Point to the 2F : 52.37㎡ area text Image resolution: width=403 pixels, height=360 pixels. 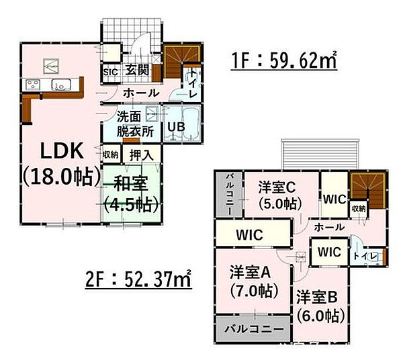tap(138, 276)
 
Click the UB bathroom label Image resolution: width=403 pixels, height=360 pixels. tap(176, 126)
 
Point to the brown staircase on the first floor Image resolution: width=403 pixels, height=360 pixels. tap(180, 60)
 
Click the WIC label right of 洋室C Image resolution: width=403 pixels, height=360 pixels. tap(333, 199)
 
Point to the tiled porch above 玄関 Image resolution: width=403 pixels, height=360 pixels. tap(131, 30)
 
